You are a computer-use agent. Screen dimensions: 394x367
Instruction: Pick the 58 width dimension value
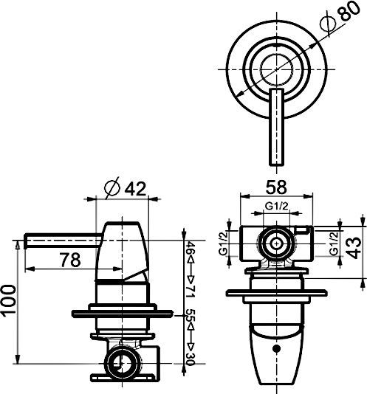278,187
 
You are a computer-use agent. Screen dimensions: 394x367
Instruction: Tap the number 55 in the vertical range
190,317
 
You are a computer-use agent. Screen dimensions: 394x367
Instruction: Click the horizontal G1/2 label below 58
277,207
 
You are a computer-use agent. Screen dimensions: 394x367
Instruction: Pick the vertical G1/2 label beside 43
334,243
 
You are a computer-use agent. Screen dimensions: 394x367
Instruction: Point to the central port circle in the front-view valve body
277,242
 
